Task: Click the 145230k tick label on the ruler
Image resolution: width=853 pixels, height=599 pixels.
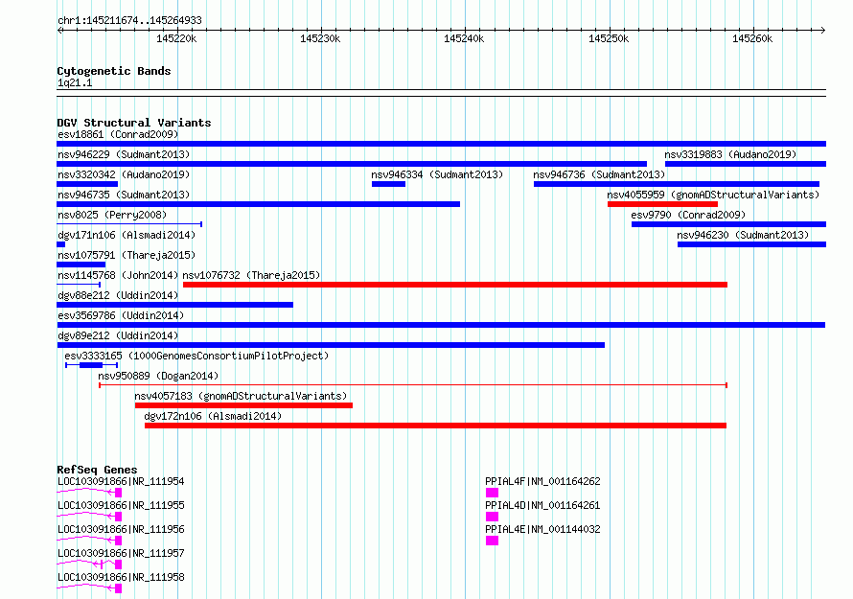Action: pos(320,38)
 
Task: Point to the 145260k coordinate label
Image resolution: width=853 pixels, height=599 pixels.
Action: pos(752,38)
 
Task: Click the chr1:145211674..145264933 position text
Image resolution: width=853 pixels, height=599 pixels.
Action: pos(129,20)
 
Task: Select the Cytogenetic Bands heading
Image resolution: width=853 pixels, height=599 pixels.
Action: pos(114,71)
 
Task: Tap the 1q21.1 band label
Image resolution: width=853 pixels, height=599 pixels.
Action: pos(75,82)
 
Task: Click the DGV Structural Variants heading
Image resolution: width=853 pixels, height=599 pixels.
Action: pos(134,123)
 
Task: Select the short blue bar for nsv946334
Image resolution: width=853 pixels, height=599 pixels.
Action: pos(388,184)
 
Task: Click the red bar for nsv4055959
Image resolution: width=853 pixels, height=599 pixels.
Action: pos(662,204)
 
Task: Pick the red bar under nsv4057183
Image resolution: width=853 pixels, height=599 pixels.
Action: pos(243,405)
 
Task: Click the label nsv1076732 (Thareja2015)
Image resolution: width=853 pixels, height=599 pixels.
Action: pos(251,275)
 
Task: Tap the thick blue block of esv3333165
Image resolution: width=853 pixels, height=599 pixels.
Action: pos(91,365)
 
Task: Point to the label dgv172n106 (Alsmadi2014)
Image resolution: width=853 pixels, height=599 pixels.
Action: pos(213,416)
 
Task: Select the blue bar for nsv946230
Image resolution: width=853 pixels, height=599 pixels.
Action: pos(751,244)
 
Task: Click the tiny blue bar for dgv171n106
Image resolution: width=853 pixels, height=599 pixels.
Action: pos(61,244)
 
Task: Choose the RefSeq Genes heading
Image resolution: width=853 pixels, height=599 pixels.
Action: pos(97,470)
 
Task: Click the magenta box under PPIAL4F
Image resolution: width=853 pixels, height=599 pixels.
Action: pos(492,493)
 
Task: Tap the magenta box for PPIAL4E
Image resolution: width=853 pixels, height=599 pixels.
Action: pos(492,541)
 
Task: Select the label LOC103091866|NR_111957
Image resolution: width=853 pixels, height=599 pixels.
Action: pos(121,553)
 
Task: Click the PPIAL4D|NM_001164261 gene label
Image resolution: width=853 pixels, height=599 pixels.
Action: pos(542,505)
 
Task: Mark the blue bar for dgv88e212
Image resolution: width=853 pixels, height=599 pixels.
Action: pos(174,305)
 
